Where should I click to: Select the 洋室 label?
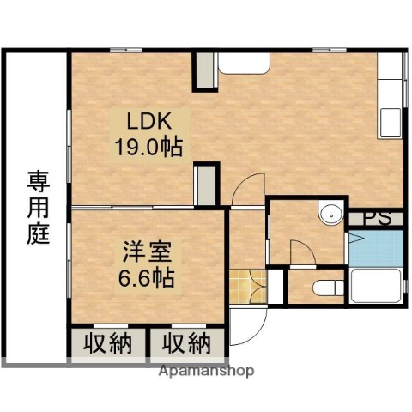point(148,254)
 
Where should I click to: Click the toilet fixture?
point(326,286)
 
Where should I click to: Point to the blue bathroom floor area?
point(375,249)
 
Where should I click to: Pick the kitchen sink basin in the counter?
point(391,121)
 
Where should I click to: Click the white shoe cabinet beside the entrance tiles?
point(276,286)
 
